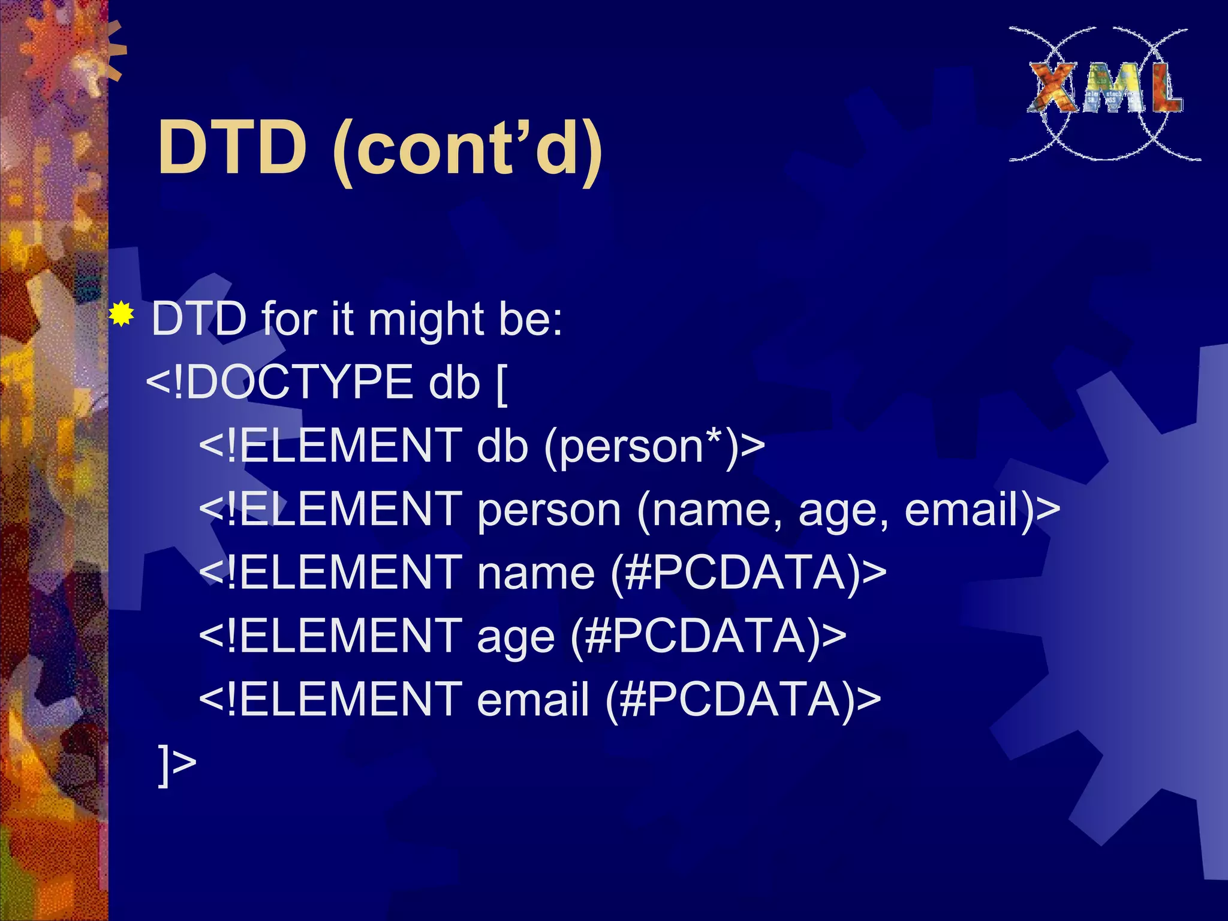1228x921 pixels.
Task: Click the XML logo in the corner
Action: [1105, 93]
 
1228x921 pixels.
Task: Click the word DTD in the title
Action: [232, 148]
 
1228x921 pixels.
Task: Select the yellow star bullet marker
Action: [122, 314]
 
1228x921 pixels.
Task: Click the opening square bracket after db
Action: [502, 384]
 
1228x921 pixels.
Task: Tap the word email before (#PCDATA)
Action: [532, 700]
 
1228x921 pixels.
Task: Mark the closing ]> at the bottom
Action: [176, 765]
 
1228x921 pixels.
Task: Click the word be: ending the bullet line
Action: [529, 319]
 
